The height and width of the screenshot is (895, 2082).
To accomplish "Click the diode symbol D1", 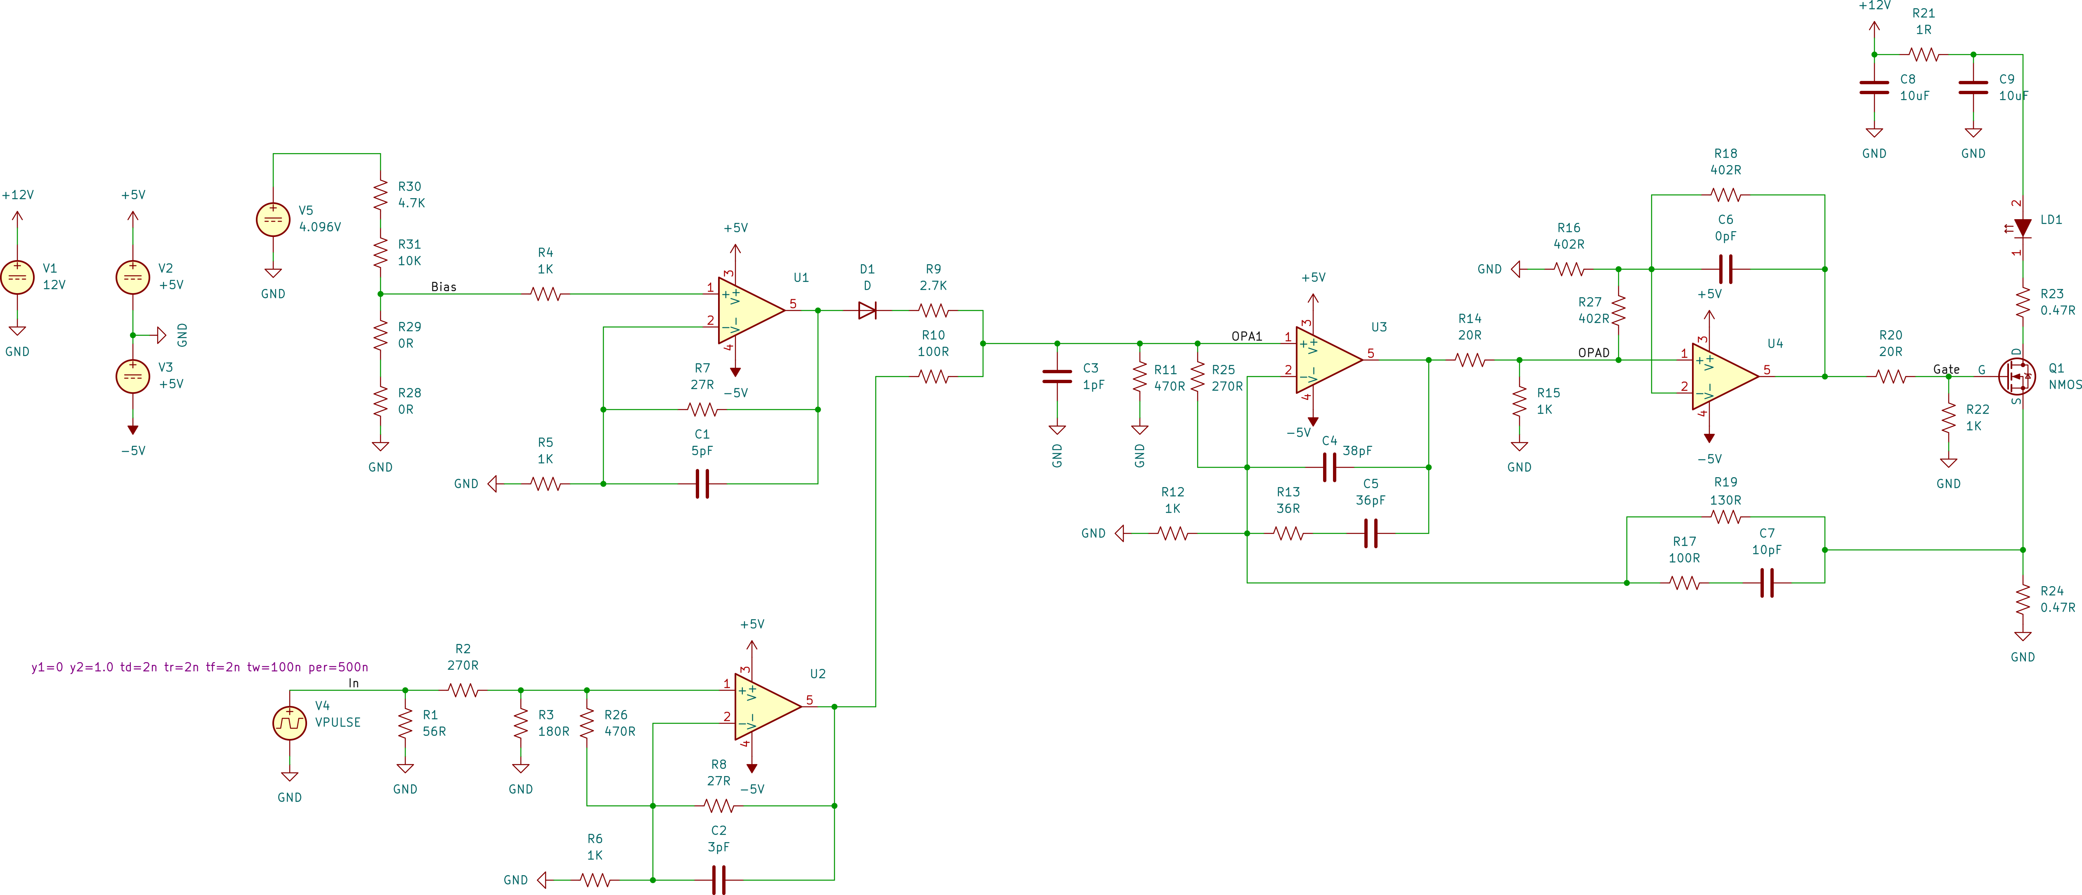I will coord(867,310).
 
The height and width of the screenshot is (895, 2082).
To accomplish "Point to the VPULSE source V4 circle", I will coord(289,723).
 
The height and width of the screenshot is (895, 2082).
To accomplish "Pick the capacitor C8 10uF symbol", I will coord(1874,88).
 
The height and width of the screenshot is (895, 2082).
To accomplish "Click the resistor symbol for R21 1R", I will coord(1924,54).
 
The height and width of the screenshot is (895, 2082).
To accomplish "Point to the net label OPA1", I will coord(1246,336).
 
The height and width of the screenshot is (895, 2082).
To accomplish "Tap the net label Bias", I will coord(443,287).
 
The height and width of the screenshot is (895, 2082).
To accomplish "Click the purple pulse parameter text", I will coord(200,667).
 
